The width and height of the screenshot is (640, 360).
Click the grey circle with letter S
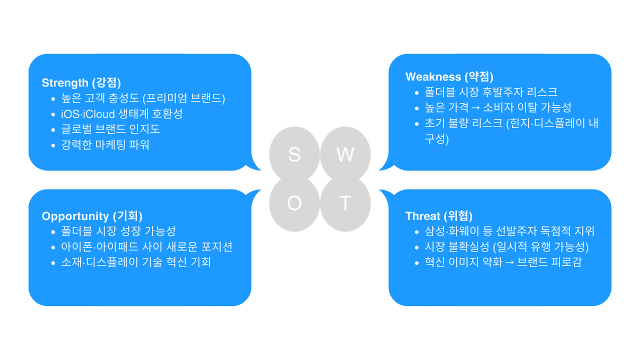tap(294, 154)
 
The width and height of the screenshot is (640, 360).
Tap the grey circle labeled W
tap(345, 154)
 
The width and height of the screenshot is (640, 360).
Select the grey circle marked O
tap(294, 203)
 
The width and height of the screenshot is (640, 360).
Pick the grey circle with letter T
tap(345, 203)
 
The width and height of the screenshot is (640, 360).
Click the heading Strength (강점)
tap(81, 82)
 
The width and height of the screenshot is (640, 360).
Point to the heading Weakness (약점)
tap(449, 76)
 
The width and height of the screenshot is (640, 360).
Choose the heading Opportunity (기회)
tap(92, 216)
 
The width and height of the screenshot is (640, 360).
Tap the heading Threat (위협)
tap(438, 216)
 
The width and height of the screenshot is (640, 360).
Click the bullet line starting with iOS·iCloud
tap(121, 113)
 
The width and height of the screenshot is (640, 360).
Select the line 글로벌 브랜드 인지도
tap(110, 129)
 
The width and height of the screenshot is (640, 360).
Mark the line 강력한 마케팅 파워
tap(105, 145)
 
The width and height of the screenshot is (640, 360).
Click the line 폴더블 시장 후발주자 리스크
tap(491, 92)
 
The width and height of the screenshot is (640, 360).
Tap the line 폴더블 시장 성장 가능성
tap(118, 231)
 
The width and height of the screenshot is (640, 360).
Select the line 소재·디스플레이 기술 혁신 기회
tap(135, 262)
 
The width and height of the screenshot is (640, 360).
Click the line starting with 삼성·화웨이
tap(509, 231)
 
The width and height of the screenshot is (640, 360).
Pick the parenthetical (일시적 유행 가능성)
tap(541, 246)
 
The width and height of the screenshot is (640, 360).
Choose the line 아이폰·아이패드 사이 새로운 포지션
tap(146, 246)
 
